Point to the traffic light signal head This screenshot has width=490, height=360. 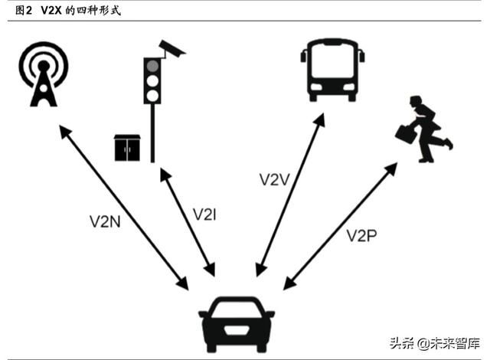(x=153, y=79)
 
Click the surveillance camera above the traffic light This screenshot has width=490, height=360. (x=173, y=49)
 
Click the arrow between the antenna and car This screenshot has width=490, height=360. (x=123, y=207)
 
